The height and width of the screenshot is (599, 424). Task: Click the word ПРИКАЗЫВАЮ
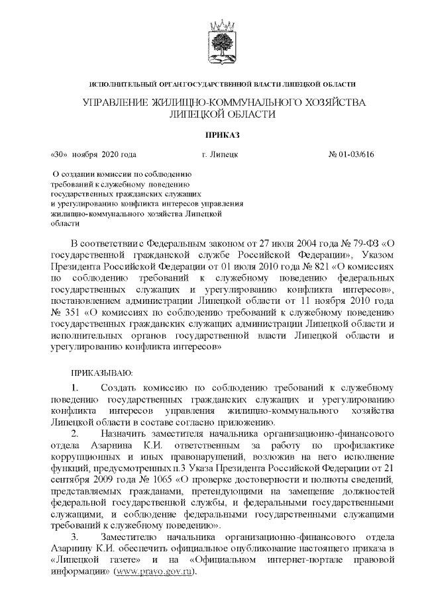pyautogui.click(x=102, y=373)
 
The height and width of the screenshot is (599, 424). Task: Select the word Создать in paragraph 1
pyautogui.click(x=118, y=386)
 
